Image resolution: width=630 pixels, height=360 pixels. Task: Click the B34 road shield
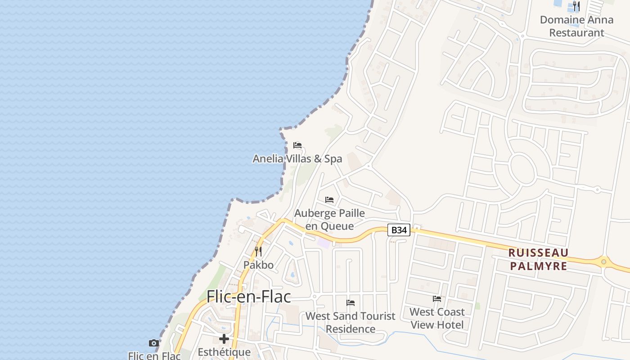399,230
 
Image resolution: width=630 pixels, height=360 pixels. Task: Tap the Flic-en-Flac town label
248,297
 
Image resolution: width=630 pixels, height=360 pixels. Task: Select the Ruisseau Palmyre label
538,259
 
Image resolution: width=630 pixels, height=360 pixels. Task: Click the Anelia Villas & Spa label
297,159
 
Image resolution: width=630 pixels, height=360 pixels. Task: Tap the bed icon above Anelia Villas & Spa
297,145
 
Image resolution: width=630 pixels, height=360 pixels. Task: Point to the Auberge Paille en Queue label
329,219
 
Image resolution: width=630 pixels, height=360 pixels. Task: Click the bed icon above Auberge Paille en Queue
329,199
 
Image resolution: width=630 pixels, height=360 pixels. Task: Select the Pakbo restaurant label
258,265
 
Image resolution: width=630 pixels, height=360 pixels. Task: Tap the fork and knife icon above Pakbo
258,251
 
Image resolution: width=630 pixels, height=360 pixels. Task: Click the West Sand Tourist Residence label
351,322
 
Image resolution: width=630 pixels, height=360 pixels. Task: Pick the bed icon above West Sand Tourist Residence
351,302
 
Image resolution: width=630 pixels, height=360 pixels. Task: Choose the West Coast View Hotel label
437,318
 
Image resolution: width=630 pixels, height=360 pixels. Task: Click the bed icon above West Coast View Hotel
437,298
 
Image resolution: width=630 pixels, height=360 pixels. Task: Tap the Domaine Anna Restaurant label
576,26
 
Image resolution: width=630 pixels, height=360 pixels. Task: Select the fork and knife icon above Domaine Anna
576,6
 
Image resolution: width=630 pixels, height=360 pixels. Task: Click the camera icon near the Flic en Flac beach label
154,343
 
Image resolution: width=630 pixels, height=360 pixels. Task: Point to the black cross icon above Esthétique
224,339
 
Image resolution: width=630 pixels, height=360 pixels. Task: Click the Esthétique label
224,352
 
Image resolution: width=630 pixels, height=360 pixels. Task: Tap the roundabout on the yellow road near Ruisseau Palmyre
603,261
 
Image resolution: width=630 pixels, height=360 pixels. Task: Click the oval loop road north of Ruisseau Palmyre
522,170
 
